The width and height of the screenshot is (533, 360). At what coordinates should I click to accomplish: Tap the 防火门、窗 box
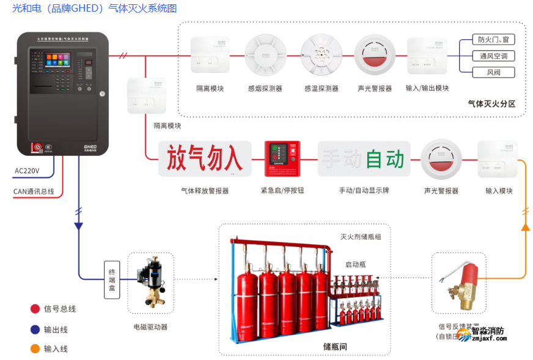pyautogui.click(x=493, y=39)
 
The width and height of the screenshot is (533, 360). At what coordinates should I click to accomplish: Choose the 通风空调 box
pyautogui.click(x=493, y=56)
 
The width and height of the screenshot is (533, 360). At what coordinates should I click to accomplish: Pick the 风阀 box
pyautogui.click(x=493, y=72)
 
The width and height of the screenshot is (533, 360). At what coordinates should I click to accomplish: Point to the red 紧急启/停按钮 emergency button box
pyautogui.click(x=282, y=159)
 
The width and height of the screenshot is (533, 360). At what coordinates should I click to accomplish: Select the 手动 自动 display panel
pyautogui.click(x=364, y=159)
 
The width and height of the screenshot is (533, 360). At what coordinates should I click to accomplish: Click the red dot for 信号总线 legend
pyautogui.click(x=35, y=309)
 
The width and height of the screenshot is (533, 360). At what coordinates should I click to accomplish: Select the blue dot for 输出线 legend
pyautogui.click(x=35, y=329)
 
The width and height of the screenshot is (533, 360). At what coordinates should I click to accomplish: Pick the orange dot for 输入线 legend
pyautogui.click(x=35, y=349)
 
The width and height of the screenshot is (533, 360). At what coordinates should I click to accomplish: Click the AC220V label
pyautogui.click(x=26, y=171)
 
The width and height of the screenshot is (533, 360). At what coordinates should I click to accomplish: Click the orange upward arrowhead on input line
pyautogui.click(x=524, y=227)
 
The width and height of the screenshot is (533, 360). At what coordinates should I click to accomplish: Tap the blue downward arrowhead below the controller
pyautogui.click(x=78, y=226)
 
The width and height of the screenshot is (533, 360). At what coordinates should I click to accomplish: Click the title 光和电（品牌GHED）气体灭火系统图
pyautogui.click(x=95, y=9)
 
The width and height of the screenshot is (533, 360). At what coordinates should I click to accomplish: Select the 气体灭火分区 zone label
pyautogui.click(x=491, y=104)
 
